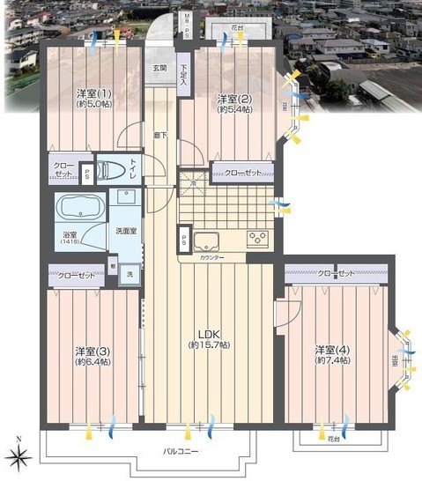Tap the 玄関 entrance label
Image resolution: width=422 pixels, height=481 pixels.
coord(159,69)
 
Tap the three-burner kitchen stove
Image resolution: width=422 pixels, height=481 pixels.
coord(258,238)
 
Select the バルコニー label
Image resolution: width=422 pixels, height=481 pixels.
coord(181,452)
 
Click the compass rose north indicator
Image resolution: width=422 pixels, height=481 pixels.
coord(19,456)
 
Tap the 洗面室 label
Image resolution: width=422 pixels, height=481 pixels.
coord(125,232)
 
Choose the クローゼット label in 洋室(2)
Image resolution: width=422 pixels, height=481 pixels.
coord(241,173)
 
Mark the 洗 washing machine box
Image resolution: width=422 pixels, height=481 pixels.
coord(130,276)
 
